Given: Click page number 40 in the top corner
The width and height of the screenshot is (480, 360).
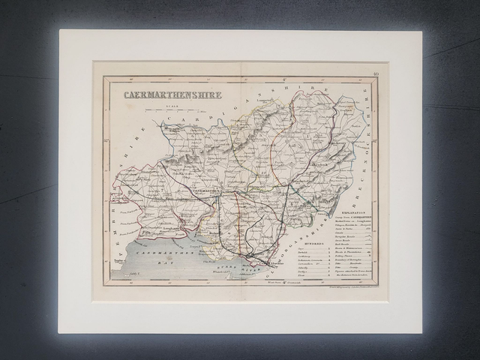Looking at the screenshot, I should [375, 73].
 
